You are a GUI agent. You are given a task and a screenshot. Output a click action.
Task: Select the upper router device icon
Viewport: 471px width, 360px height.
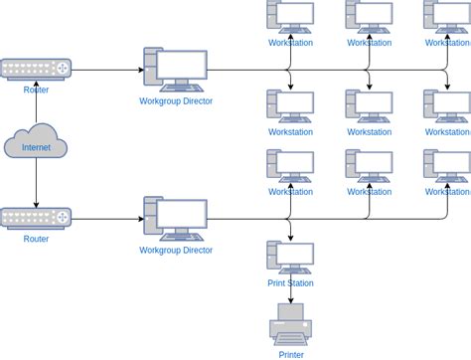(x=36, y=69)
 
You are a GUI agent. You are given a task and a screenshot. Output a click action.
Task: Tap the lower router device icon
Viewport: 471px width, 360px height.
(x=36, y=218)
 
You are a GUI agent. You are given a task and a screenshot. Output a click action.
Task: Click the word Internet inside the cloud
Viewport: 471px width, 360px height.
(x=36, y=147)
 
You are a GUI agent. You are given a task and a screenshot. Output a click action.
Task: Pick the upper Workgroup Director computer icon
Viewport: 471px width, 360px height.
(x=176, y=70)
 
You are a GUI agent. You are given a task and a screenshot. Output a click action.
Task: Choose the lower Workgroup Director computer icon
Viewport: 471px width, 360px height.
(x=176, y=218)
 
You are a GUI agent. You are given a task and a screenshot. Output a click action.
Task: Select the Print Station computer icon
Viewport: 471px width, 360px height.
(x=290, y=257)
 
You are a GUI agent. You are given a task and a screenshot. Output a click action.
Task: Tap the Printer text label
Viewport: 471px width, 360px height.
(x=291, y=354)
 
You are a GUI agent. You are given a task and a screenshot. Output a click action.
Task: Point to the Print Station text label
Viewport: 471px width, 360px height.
(x=290, y=282)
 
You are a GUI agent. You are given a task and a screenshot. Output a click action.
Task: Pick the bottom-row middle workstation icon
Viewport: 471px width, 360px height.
(x=369, y=166)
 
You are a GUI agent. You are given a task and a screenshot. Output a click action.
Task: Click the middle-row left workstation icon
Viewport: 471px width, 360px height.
(x=290, y=106)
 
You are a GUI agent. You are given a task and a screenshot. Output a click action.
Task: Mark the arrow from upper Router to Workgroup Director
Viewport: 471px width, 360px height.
(x=107, y=70)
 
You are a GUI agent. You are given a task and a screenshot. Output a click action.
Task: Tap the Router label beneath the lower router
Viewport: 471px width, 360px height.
(x=36, y=239)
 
